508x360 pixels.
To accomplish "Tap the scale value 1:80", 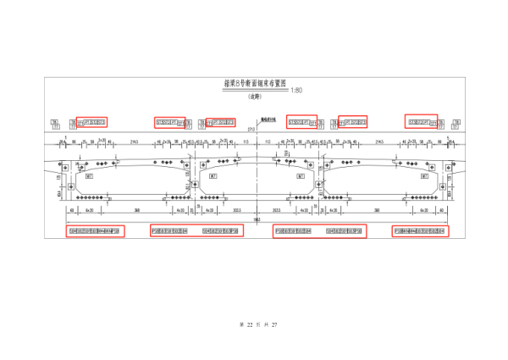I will (x=295, y=90).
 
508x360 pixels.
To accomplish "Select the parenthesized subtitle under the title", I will (x=253, y=97).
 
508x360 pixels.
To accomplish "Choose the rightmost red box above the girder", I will (x=421, y=122).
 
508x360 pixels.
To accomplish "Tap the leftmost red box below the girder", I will (x=96, y=230).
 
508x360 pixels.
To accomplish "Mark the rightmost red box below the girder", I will (x=419, y=230).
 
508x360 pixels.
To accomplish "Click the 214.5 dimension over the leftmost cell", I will (x=135, y=141).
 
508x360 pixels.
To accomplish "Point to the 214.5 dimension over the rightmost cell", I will (x=378, y=141).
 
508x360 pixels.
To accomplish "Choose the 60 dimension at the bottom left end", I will (x=73, y=208).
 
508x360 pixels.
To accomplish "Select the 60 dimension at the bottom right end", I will (x=440, y=208).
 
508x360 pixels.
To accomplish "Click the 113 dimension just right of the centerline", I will (x=268, y=141).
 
